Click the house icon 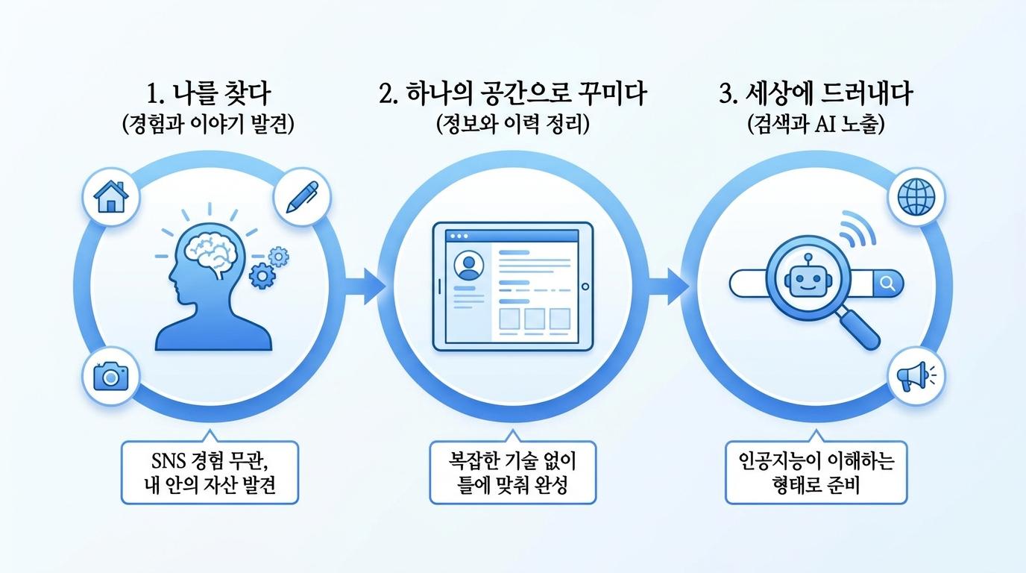coord(111,197)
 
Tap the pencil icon coord(302,197)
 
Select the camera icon coord(111,377)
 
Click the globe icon coord(916,197)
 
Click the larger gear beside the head coord(262,275)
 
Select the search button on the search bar coord(887,284)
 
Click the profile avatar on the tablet coord(468,266)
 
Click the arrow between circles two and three coord(669,286)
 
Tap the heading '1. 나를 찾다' coord(209,94)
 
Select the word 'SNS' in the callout coord(169,461)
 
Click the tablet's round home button coord(585,287)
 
